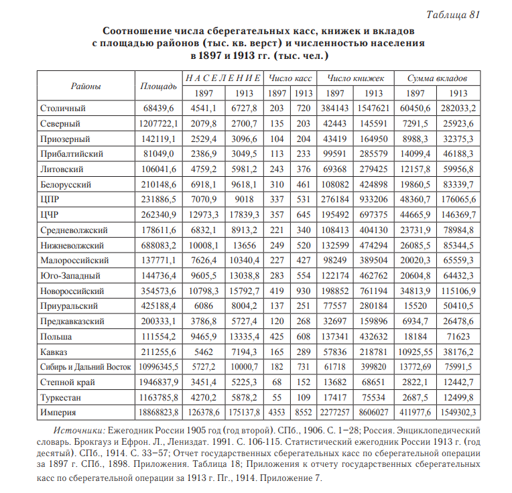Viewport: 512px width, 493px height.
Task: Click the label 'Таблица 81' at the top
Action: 453,15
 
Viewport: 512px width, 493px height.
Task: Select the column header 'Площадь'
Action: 158,86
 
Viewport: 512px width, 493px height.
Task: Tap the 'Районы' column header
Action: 86,86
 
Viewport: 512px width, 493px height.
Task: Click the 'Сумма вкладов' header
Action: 437,78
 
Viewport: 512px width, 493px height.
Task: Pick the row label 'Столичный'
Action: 63,109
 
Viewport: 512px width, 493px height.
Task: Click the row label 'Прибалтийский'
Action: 72,154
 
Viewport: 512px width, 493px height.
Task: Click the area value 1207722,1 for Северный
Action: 158,124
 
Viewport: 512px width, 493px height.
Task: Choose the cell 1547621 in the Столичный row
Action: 374,109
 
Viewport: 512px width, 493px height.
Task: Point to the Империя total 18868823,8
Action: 158,413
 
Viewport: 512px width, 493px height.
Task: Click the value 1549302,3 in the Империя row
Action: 458,413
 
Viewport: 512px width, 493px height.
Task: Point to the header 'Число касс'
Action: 290,78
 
